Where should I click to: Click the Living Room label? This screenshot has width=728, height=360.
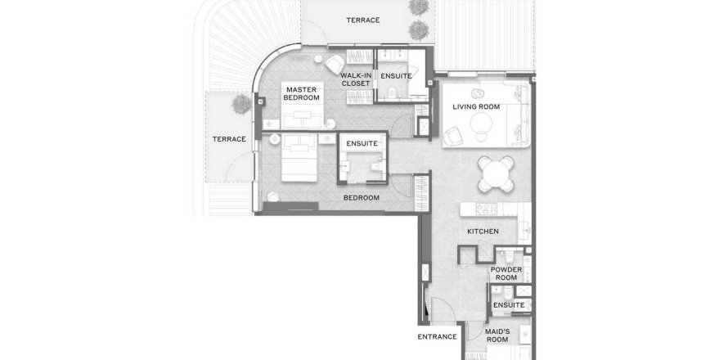coord(476,107)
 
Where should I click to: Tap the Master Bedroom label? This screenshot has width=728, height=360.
coord(302,93)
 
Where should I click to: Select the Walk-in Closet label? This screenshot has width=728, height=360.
coord(356,79)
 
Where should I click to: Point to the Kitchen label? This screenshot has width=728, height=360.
coord(483,232)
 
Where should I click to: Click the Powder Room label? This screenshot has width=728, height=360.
coord(506,273)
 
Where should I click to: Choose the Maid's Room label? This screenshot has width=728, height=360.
coord(497,335)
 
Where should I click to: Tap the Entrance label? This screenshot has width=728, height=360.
coord(438,337)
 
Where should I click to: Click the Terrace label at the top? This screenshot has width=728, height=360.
coord(363,20)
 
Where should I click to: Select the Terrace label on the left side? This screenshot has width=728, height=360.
coord(229,139)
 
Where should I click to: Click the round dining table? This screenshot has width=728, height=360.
coord(497,174)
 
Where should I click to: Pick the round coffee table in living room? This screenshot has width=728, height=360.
coord(482,123)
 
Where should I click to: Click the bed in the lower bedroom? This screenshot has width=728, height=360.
coord(299,158)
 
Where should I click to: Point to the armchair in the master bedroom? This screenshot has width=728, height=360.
coord(335,65)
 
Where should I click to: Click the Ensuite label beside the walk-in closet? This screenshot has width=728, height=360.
coord(396,76)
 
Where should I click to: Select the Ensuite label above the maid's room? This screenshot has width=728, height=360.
coord(509,305)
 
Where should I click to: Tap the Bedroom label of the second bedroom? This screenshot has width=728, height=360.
coord(362,198)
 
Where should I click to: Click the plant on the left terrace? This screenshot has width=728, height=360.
coord(241,104)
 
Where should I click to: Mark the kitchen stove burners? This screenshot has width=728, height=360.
coord(486,209)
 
